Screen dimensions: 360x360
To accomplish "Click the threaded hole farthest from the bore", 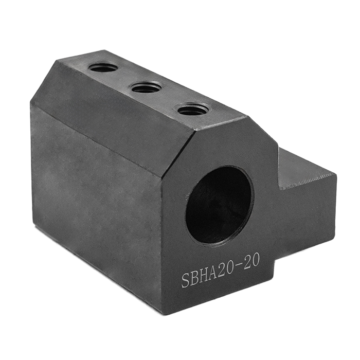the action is click(103, 67).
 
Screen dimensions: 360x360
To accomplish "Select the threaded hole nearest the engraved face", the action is click(193, 110).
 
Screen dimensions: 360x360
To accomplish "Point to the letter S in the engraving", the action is click(186, 280).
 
